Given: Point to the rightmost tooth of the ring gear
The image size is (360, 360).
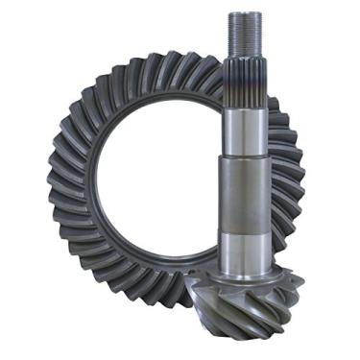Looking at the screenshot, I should click(299, 182).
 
